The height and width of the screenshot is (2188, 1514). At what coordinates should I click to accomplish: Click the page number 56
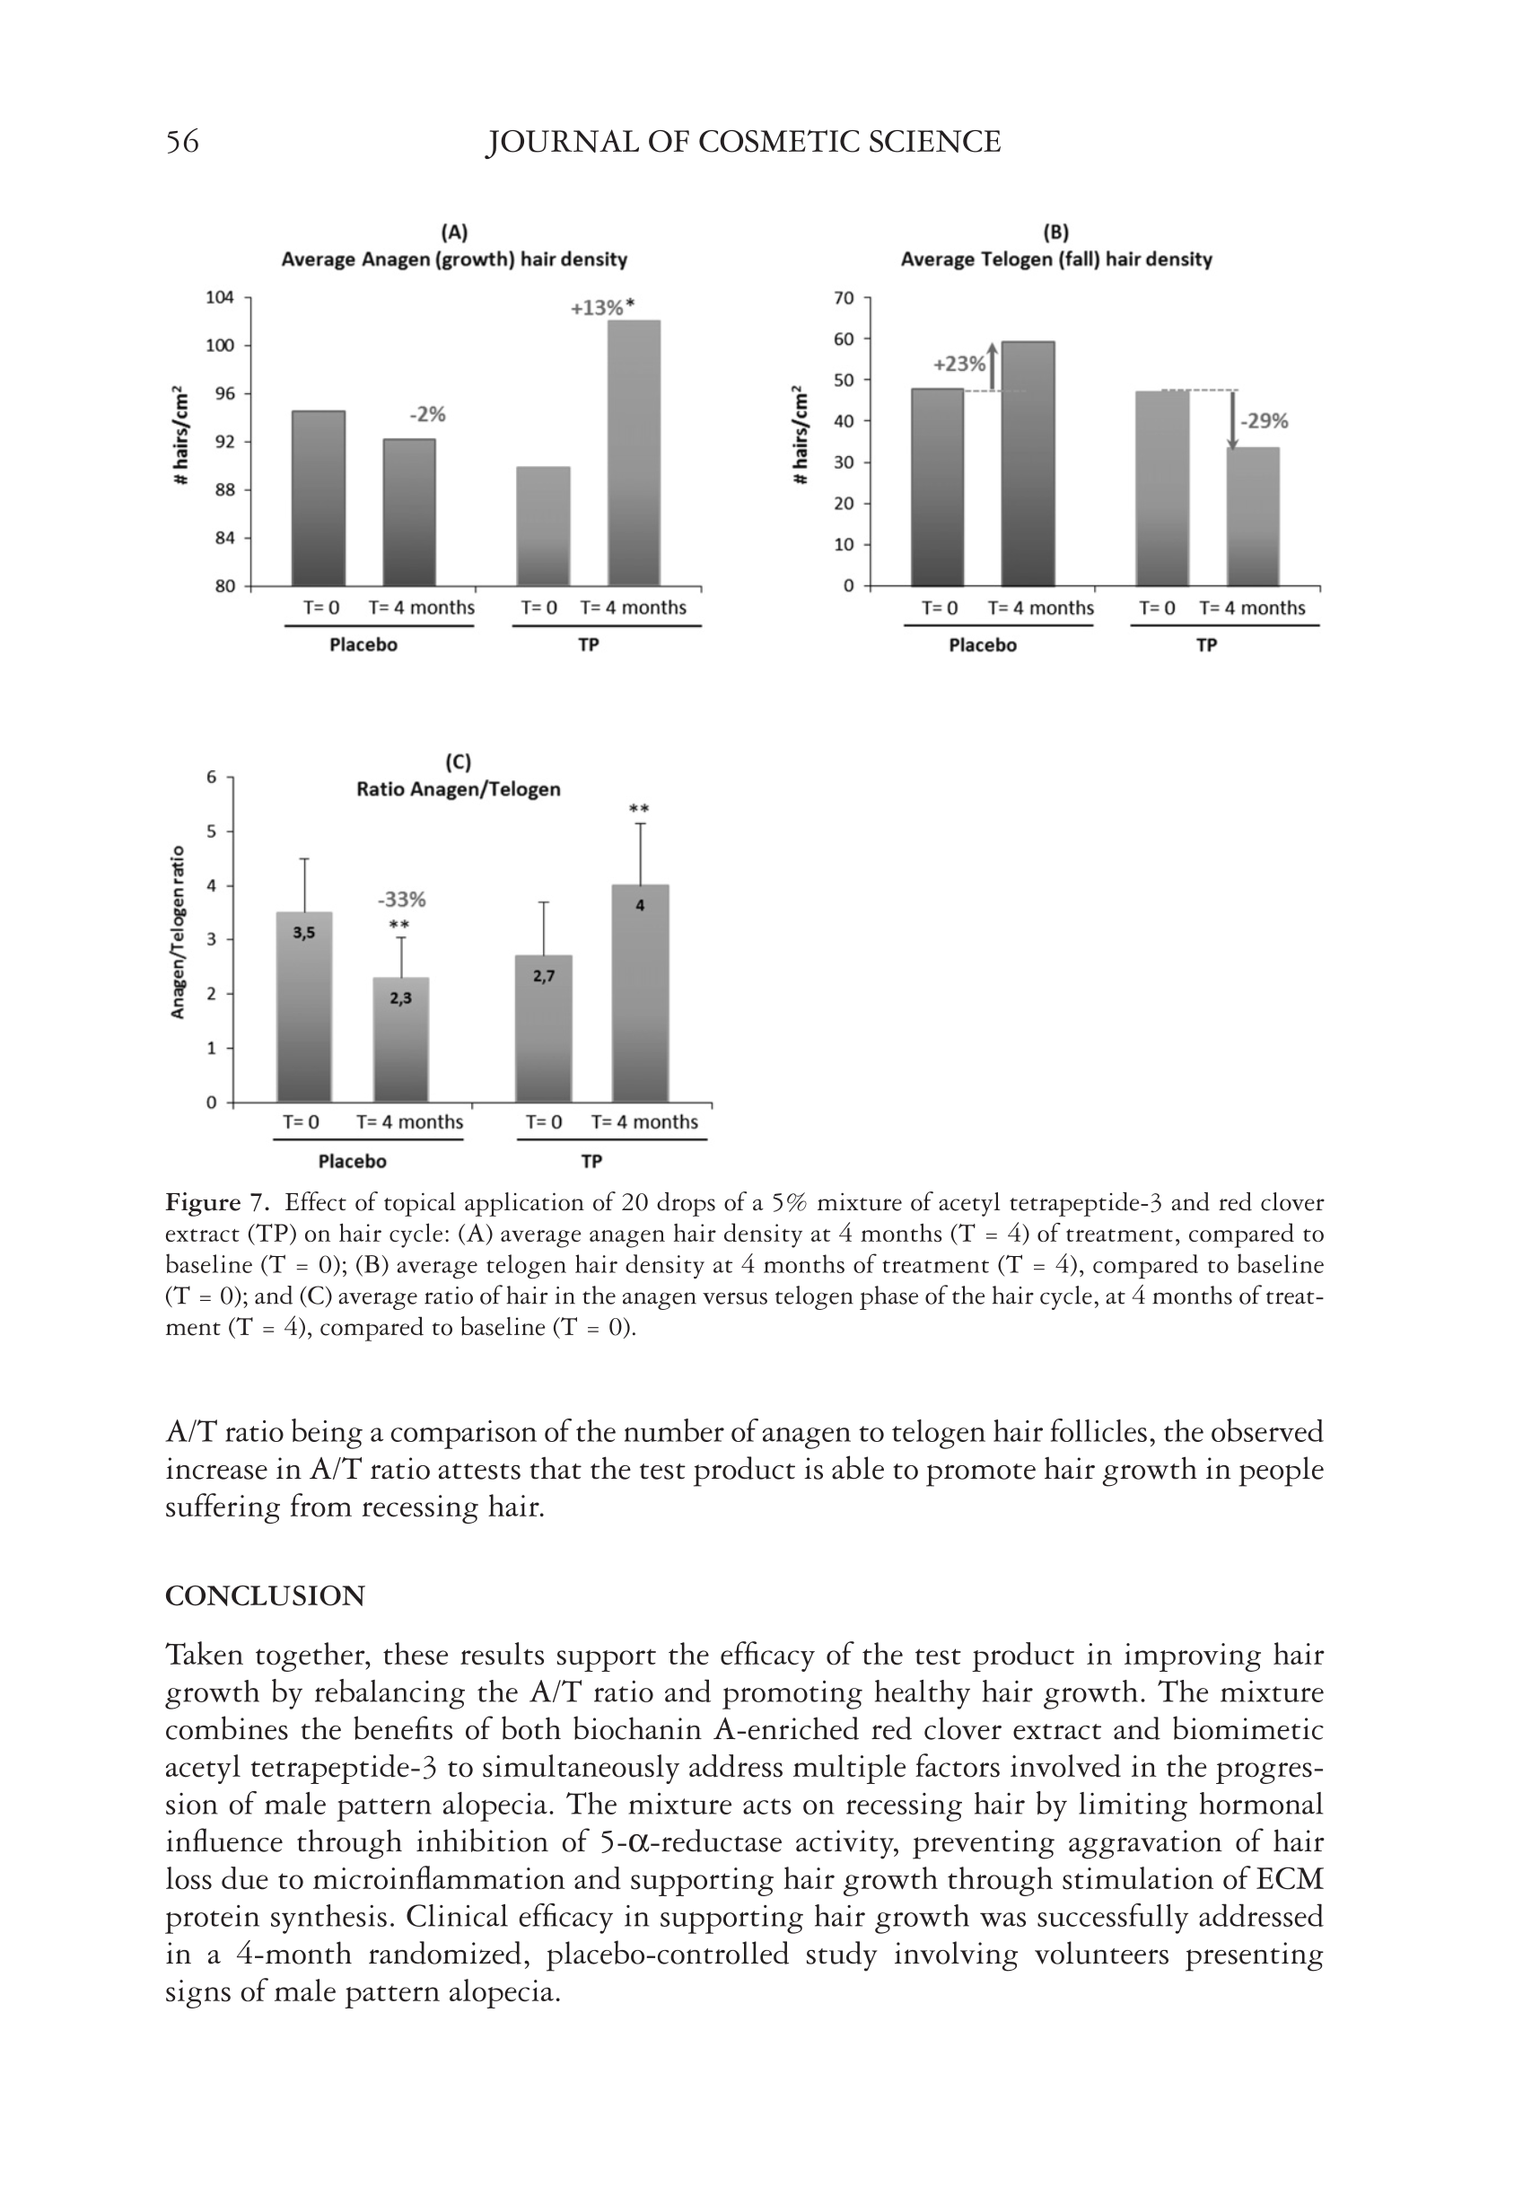182,143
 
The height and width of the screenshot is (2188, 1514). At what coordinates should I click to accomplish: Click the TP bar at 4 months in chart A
634,453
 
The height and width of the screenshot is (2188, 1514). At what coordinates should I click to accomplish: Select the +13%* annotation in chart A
602,307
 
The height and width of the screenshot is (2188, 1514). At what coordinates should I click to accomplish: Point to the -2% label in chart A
427,415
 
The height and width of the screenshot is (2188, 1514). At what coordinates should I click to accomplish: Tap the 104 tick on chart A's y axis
220,298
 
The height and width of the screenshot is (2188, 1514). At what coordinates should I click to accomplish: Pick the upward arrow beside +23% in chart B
993,366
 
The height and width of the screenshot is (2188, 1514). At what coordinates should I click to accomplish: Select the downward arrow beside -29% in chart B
1232,420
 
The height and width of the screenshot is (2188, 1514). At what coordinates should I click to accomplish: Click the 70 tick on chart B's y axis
845,298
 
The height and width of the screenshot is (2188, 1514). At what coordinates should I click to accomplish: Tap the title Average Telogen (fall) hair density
1055,259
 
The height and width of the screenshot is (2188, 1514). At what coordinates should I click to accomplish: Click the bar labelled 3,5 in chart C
304,1006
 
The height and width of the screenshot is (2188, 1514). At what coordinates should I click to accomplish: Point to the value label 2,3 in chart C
400,998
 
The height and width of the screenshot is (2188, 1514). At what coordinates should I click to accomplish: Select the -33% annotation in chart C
402,900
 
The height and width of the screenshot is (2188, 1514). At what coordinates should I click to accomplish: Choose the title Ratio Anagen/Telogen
459,789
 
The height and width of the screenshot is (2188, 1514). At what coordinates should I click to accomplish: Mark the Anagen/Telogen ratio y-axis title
178,931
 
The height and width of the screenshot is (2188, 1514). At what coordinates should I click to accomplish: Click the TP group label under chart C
591,1162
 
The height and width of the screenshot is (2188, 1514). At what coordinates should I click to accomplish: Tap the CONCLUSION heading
265,1596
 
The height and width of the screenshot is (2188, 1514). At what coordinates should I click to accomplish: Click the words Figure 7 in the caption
216,1203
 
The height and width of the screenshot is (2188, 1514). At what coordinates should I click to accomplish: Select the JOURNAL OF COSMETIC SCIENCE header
743,143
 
